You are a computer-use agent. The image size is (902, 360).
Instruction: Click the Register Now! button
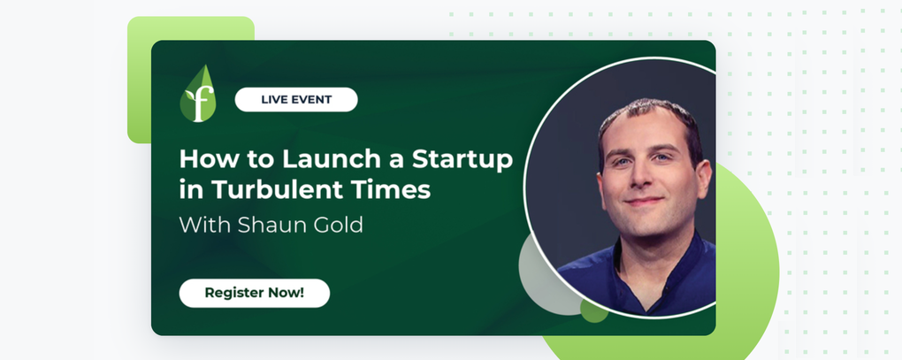255,293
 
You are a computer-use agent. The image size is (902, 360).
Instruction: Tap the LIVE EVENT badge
296,99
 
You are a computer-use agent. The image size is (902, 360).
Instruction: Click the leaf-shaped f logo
198,94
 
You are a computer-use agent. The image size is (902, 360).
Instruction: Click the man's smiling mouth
644,201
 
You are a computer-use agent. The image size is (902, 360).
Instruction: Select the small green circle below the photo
593,310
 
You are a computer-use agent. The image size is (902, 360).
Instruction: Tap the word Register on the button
231,293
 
